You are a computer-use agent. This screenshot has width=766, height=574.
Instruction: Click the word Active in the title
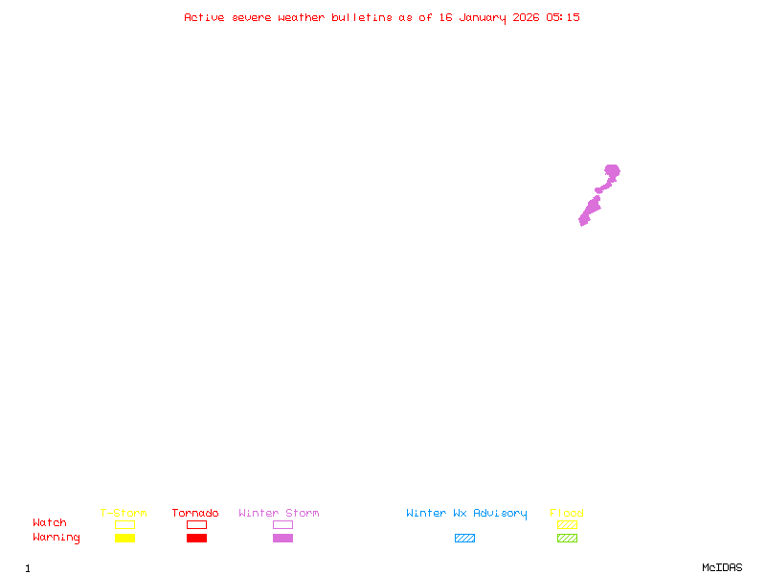(x=204, y=17)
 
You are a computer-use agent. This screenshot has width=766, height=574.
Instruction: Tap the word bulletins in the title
(x=362, y=17)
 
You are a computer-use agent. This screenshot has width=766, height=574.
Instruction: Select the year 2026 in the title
(x=526, y=17)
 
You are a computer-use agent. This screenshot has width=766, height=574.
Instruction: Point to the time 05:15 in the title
(x=563, y=17)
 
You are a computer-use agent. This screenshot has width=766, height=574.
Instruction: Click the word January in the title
(x=483, y=18)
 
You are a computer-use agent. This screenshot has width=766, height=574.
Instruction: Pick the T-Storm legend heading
(x=124, y=513)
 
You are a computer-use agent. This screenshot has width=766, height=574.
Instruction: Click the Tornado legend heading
(x=195, y=513)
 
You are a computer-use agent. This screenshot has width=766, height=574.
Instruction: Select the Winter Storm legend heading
(x=279, y=513)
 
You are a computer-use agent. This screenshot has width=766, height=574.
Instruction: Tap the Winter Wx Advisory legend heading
(x=466, y=514)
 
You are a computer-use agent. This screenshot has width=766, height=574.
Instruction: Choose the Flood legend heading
(x=567, y=513)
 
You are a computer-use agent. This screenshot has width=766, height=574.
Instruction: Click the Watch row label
(x=50, y=522)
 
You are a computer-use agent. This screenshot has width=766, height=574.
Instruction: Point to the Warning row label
(x=56, y=538)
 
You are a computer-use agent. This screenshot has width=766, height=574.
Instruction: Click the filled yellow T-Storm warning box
(x=125, y=538)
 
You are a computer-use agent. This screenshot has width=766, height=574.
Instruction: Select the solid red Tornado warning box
(x=197, y=538)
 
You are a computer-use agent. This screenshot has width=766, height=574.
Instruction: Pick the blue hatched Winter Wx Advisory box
(x=464, y=538)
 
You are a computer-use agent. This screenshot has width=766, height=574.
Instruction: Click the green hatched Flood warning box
(x=567, y=538)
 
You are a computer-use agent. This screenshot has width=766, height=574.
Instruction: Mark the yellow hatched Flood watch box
(x=567, y=524)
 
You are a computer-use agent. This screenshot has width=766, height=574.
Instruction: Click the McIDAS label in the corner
(x=722, y=567)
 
